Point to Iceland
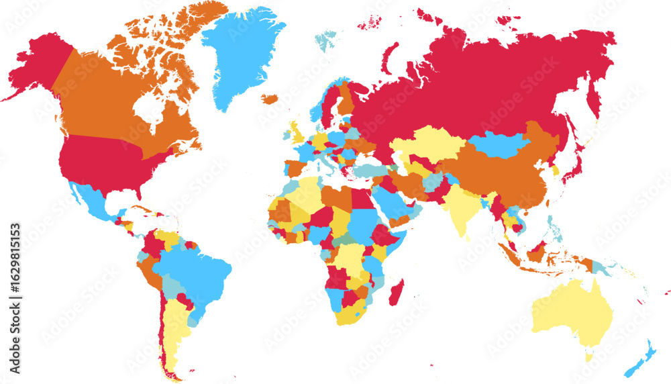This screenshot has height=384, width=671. [x=269, y=99]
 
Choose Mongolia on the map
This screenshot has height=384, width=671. [x=498, y=144]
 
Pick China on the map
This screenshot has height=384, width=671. [x=503, y=175]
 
